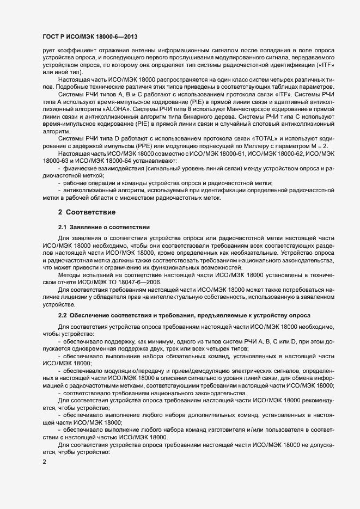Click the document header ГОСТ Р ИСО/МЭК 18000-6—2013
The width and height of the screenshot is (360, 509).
89,36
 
